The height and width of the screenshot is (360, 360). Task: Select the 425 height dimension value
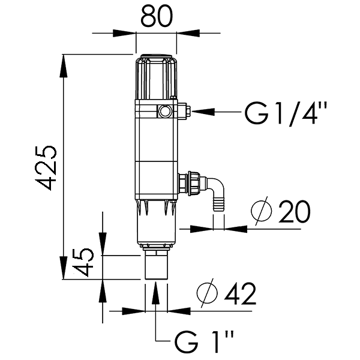[46, 168]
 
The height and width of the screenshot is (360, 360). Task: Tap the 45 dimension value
[83, 262]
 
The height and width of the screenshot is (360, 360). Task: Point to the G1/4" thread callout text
[286, 113]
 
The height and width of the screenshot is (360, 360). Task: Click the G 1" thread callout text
[204, 342]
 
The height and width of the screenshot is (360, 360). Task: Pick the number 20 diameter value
[295, 211]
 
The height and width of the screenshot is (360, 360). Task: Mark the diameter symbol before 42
[207, 293]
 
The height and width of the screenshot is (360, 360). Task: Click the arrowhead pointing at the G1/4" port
[203, 112]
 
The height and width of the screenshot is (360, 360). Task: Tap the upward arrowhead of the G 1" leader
[155, 293]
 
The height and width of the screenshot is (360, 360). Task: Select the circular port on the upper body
[164, 112]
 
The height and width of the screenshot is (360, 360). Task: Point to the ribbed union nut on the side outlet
[194, 184]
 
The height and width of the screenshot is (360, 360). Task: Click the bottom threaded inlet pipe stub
[156, 265]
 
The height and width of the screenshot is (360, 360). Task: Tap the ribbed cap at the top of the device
[156, 76]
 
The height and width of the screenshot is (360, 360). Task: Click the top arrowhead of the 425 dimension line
[64, 66]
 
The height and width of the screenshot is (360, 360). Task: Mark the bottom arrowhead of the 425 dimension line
[64, 268]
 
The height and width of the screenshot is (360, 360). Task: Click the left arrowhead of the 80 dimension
[124, 33]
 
